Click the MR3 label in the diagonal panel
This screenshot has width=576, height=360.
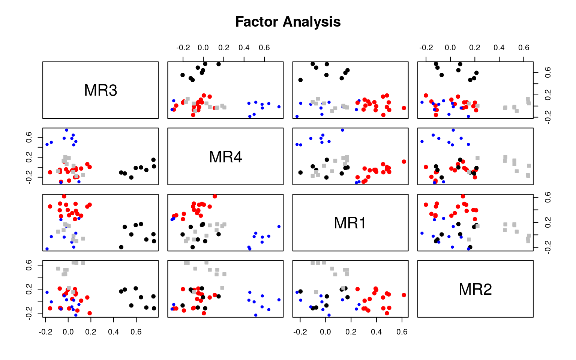click(100, 90)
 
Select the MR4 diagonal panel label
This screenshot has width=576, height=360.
click(225, 157)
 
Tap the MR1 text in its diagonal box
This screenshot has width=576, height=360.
click(350, 223)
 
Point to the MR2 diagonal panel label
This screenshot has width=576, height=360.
click(475, 289)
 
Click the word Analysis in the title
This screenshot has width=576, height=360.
click(312, 22)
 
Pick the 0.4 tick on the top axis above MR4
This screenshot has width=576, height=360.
click(244, 48)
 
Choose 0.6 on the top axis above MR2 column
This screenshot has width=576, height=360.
click(523, 48)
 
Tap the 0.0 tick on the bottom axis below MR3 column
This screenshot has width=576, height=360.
click(68, 332)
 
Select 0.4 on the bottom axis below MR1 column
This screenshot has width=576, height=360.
click(376, 332)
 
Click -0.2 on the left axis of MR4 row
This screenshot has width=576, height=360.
click(28, 178)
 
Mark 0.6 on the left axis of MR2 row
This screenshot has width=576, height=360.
click(28, 265)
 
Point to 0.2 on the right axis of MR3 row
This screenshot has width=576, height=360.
click(548, 95)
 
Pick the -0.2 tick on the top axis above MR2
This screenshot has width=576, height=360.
click(426, 48)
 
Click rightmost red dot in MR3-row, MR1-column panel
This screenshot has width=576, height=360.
click(404, 108)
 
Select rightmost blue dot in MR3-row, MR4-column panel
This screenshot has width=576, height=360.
click(279, 107)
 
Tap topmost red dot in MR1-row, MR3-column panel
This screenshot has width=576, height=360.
click(64, 196)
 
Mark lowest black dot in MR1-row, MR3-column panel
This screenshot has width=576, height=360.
click(121, 247)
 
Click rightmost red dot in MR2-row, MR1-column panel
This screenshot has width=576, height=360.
click(404, 295)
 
